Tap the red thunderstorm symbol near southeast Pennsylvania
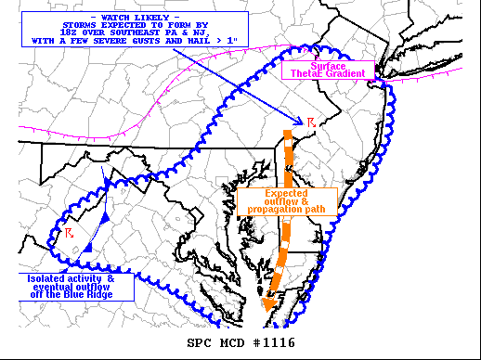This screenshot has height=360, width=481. (312, 122)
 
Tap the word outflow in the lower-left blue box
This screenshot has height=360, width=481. (108, 287)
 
